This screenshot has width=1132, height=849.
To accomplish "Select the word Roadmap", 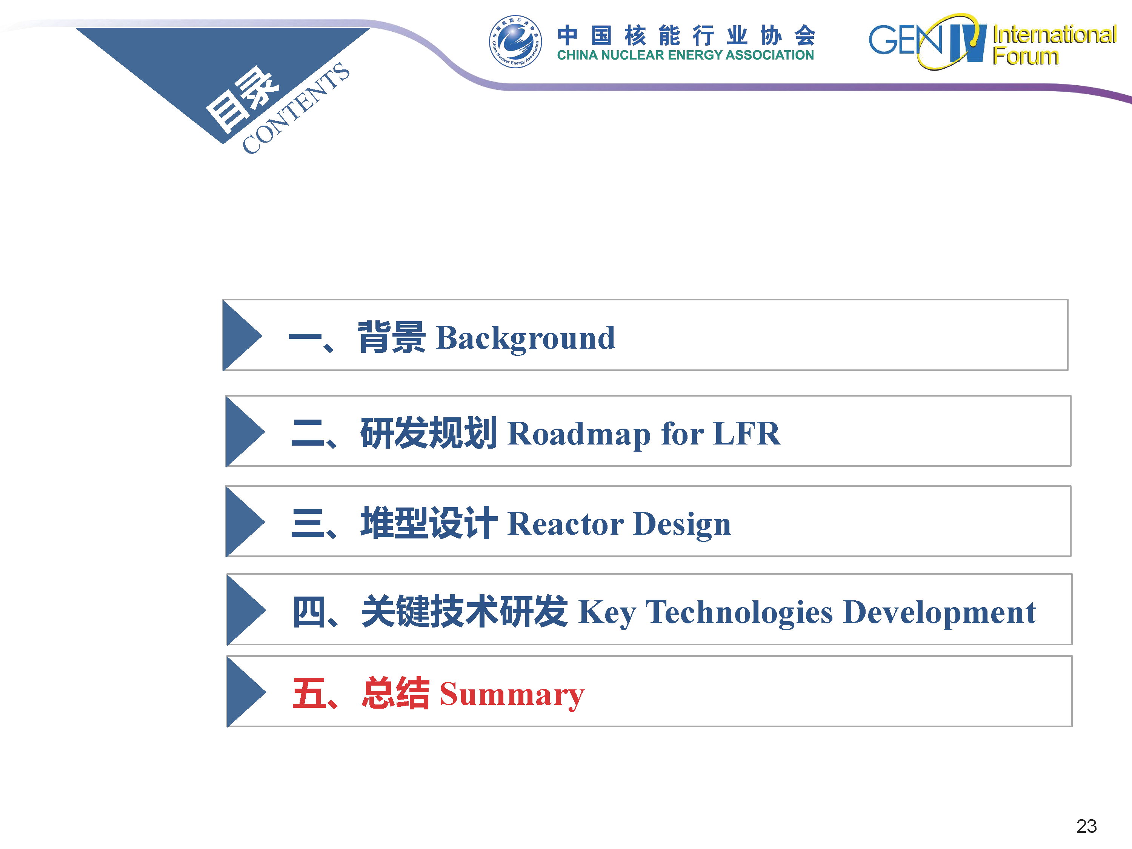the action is [579, 434].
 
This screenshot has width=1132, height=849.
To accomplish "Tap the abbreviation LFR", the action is [747, 434].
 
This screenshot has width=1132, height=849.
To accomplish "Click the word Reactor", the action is [566, 524].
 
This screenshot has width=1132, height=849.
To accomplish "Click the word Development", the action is [939, 612].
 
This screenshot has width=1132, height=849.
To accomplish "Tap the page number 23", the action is [1086, 826].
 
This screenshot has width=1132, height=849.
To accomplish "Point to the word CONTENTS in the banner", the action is [296, 108].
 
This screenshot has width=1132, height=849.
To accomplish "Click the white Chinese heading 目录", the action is [242, 99].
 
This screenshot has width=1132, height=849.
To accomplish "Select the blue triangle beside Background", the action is [243, 335].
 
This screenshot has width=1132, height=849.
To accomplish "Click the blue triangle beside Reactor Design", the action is [246, 521].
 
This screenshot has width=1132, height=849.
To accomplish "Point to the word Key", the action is [608, 614].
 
